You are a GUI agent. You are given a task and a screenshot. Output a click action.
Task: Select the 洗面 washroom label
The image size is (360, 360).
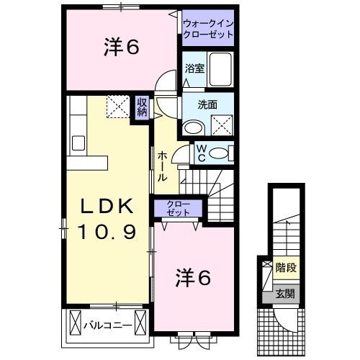pos(209,104)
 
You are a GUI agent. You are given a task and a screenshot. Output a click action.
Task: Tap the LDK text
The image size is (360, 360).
pos(107,207)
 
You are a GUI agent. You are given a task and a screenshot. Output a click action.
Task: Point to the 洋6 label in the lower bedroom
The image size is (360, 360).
pos(192,277)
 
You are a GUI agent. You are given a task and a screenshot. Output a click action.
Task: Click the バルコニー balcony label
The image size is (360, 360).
pos(107,325)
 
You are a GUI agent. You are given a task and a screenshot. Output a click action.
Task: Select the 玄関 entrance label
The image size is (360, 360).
pos(287,293)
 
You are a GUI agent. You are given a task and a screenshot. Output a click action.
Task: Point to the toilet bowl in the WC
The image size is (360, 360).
pos(225,153)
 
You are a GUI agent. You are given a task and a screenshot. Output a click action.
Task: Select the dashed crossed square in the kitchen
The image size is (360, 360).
pos(117,107)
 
